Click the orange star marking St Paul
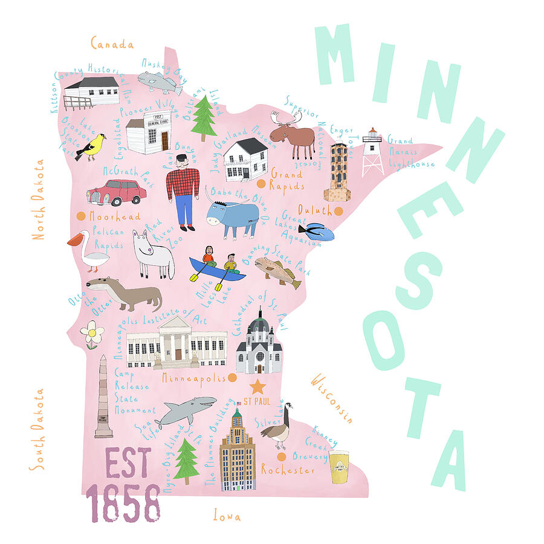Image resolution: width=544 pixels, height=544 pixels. (x=258, y=386)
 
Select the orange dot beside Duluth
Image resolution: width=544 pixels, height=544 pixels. (x=338, y=211)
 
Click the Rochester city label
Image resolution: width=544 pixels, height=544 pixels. (x=288, y=470)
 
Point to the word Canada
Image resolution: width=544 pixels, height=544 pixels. (x=112, y=44)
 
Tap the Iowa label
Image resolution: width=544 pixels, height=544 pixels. (x=227, y=517)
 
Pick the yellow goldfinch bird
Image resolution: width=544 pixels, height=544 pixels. (x=92, y=147)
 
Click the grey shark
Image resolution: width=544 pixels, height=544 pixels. (x=186, y=411)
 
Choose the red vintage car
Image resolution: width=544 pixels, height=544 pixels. (x=117, y=192)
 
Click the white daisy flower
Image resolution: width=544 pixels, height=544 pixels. (x=92, y=334)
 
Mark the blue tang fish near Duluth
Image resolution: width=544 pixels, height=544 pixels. (x=316, y=231)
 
